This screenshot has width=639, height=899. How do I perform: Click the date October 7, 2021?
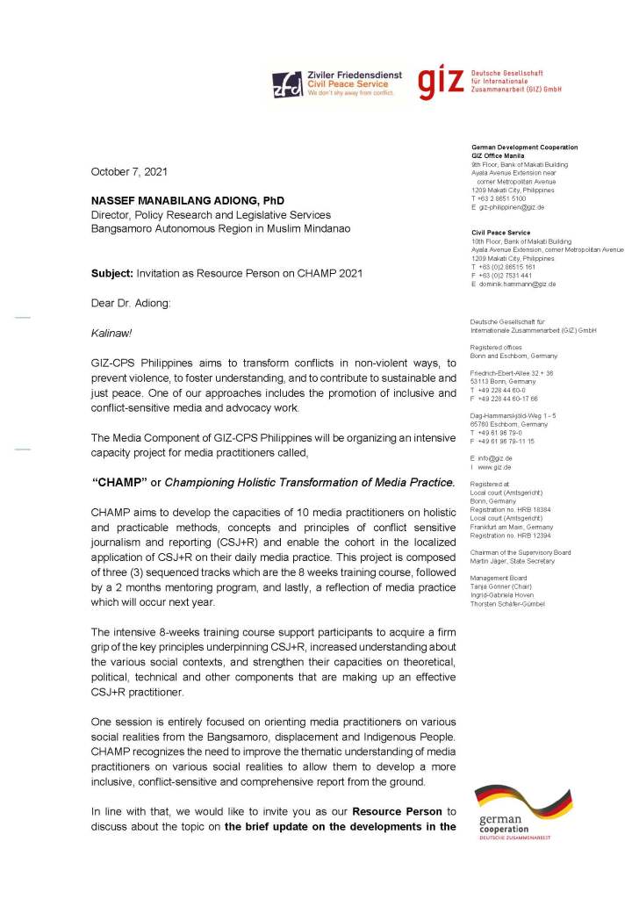pos(130,171)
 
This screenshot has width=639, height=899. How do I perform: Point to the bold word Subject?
pos(111,273)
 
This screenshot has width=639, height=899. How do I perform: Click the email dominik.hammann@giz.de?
pos(518,284)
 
